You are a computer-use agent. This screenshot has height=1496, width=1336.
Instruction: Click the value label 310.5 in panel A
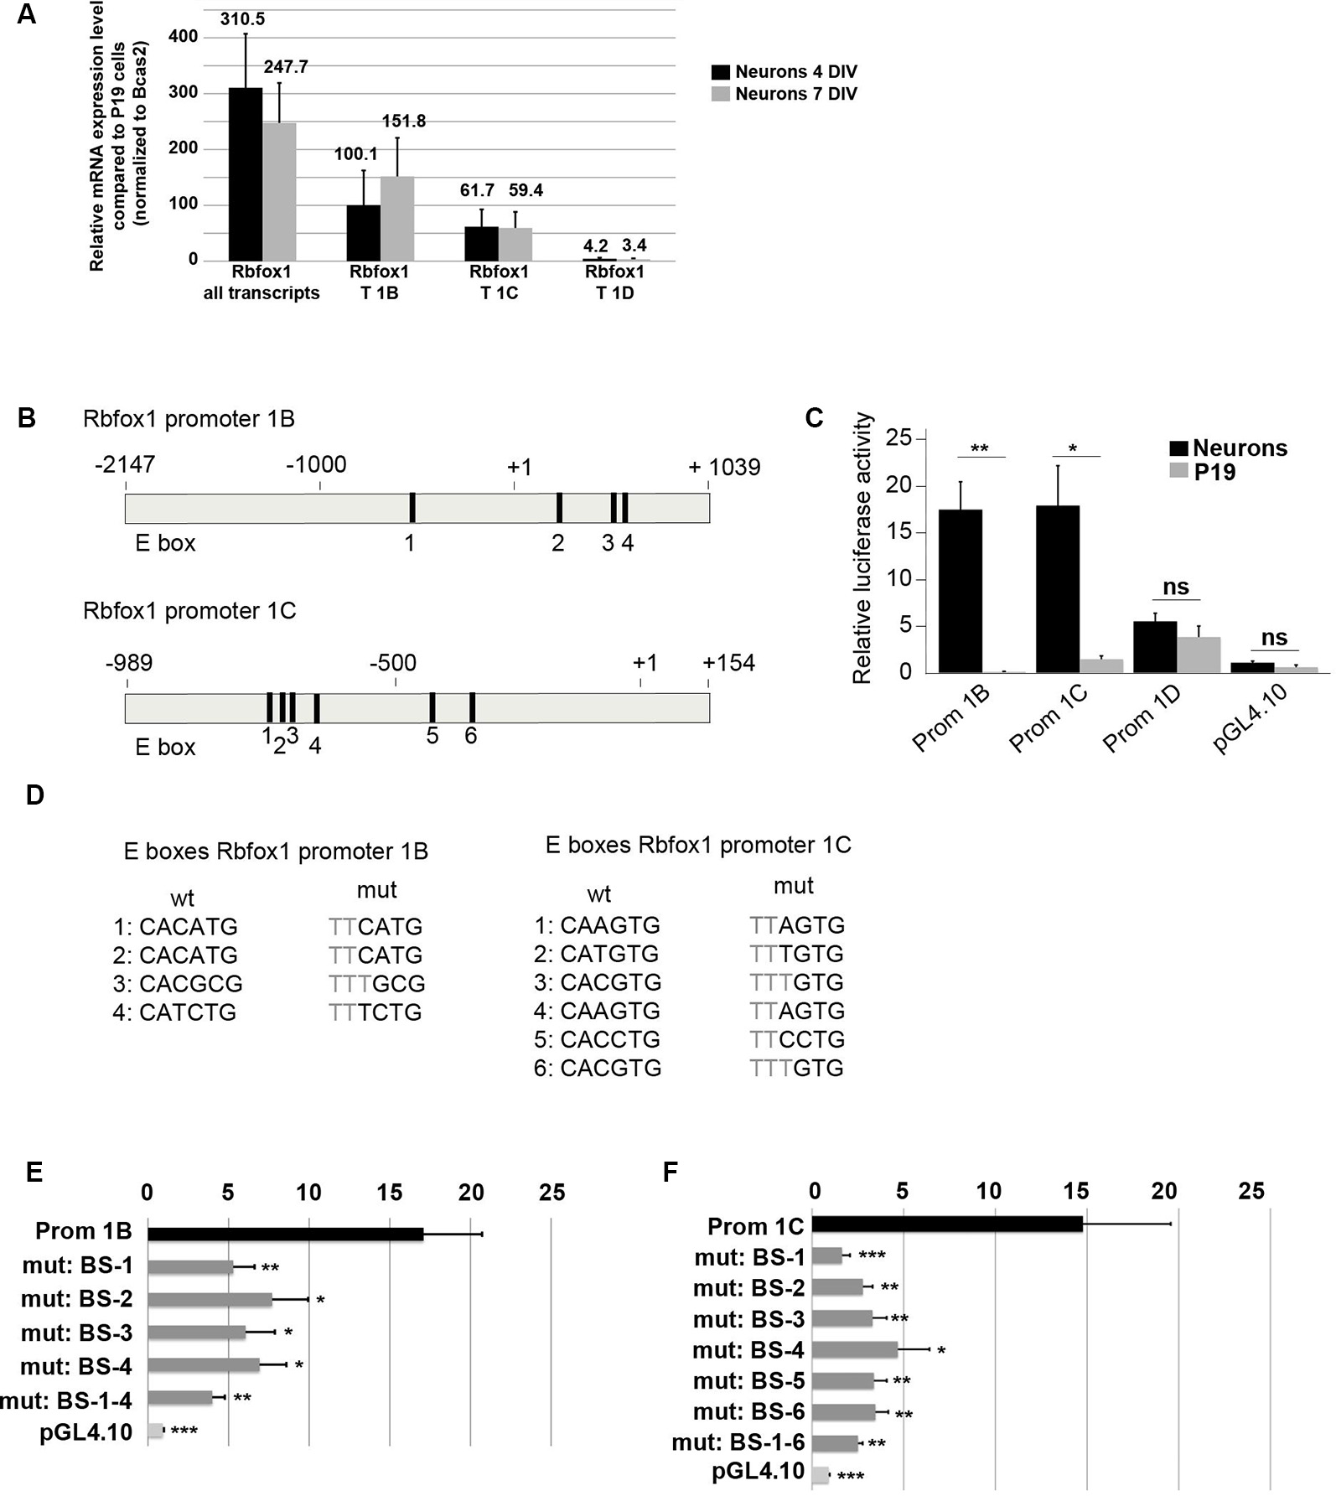(x=242, y=18)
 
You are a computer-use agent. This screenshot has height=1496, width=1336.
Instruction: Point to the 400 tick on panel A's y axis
(x=183, y=37)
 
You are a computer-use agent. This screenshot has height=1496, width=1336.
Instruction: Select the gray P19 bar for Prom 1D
(x=1199, y=655)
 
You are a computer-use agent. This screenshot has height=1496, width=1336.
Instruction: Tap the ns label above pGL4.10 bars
(x=1274, y=637)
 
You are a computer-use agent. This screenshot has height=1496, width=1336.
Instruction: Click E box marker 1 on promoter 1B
(x=412, y=509)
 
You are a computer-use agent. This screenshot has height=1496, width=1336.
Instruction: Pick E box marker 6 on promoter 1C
(x=473, y=707)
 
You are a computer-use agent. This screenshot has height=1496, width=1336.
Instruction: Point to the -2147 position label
(x=125, y=463)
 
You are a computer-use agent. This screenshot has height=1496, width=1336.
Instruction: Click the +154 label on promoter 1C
(x=728, y=663)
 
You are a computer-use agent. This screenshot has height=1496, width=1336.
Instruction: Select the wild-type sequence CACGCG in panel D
(x=190, y=983)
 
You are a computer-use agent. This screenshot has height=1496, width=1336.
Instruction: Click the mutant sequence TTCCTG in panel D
(x=797, y=1039)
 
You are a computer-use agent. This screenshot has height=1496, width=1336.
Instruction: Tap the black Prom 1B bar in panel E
(x=285, y=1234)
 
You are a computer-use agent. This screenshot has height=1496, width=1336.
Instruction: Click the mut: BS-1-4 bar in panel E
(x=179, y=1398)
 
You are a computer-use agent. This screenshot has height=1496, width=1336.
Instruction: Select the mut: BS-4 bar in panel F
(x=855, y=1350)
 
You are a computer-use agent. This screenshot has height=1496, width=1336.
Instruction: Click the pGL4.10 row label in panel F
(x=758, y=1471)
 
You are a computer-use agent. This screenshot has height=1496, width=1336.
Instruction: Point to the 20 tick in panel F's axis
(x=1163, y=1190)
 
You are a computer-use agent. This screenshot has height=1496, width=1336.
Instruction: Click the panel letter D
(x=34, y=795)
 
